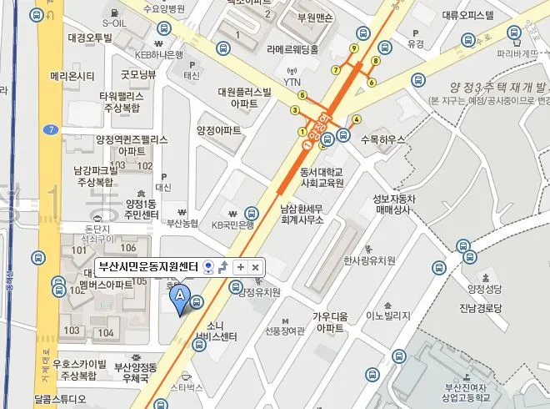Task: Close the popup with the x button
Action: [x=255, y=267]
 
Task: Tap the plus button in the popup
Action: [x=239, y=267]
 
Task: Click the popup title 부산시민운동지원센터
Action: [x=147, y=267]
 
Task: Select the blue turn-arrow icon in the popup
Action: [x=222, y=267]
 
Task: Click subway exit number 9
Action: [x=354, y=48]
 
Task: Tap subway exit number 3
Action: [x=294, y=109]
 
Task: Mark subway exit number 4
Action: [x=357, y=119]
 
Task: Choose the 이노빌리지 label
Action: [x=388, y=316]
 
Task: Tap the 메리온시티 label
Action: [x=72, y=76]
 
